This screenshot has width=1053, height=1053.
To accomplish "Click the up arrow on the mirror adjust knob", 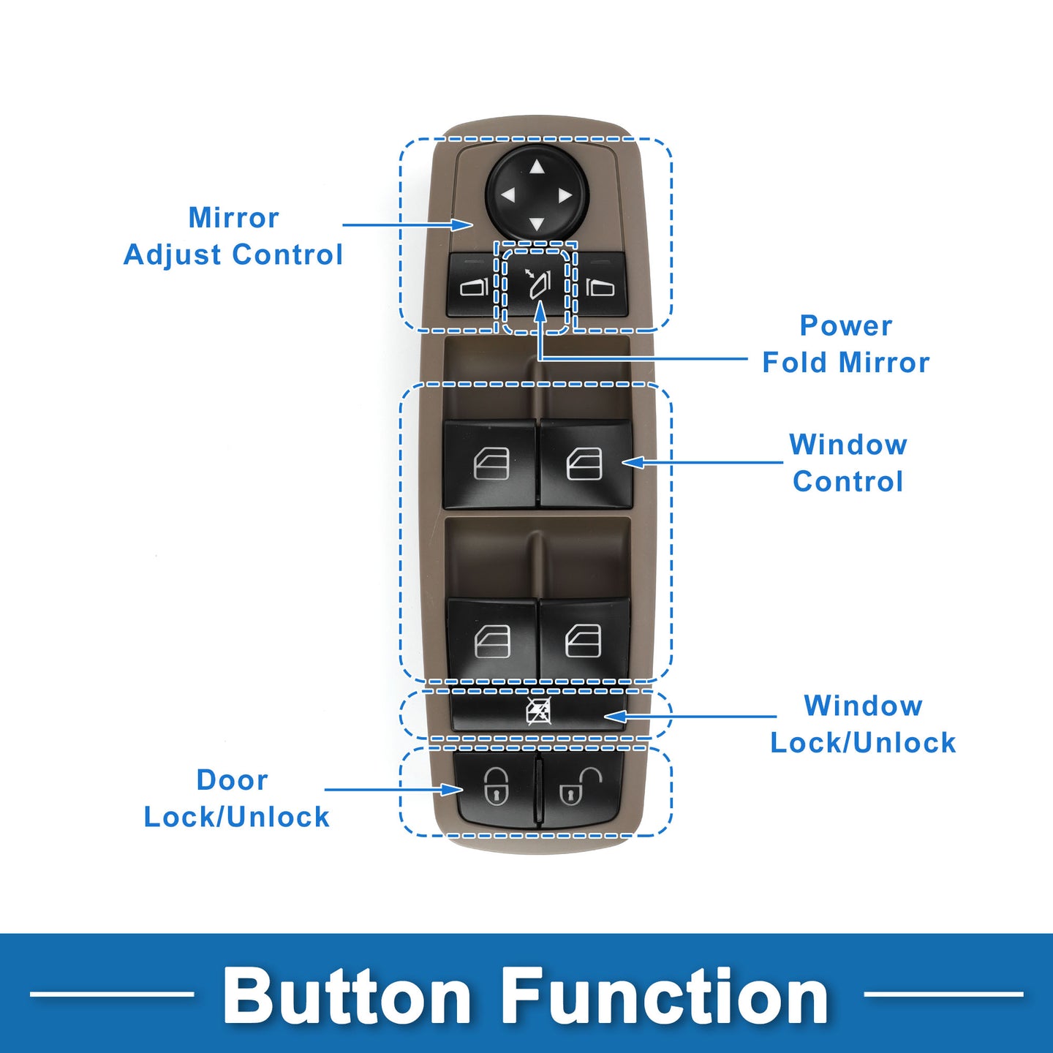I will coord(537,167).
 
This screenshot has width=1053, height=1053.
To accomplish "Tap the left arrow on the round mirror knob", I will coord(507,196).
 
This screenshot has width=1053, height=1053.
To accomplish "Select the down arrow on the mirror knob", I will coord(537,224).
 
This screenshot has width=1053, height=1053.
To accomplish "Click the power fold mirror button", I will coord(537,284).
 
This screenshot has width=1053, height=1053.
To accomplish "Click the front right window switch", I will coord(585,464).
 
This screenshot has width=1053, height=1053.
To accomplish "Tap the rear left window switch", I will coord(492,641).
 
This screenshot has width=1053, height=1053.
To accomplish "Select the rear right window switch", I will coord(584,641).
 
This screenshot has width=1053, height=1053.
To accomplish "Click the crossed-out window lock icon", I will coord(539,711).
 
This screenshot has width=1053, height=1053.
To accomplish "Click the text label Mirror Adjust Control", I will coord(233,236).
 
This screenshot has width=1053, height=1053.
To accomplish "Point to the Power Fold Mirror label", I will coord(845,344).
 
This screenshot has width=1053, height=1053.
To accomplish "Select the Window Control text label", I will coord(848,463).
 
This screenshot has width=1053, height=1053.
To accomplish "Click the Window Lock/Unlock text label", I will coord(863,724).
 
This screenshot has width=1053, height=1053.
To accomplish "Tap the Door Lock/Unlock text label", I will coord(236,799).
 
